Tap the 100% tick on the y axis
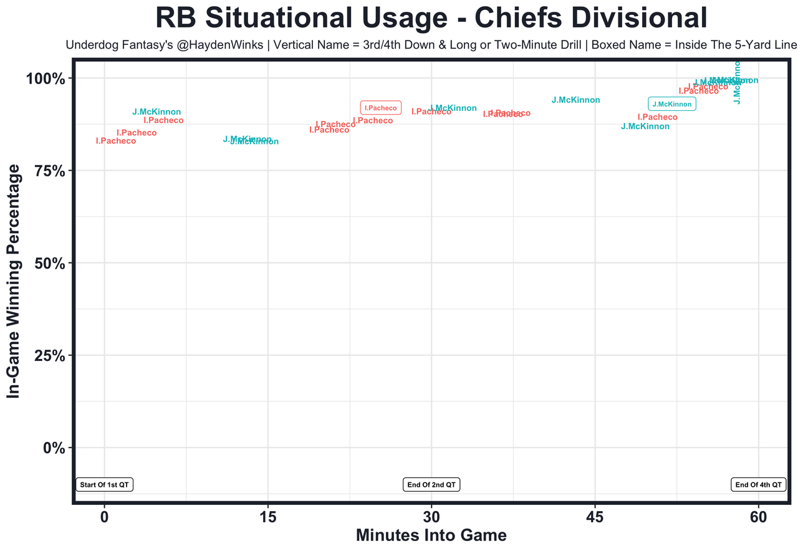(44, 79)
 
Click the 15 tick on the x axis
(268, 519)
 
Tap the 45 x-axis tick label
(595, 519)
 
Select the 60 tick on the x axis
(758, 519)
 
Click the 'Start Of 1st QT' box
(105, 484)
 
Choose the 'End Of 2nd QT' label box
(431, 484)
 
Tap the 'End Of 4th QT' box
(758, 484)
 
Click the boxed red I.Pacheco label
(380, 108)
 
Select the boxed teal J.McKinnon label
(671, 104)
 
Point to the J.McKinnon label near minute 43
(575, 100)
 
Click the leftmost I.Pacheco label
(115, 141)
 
